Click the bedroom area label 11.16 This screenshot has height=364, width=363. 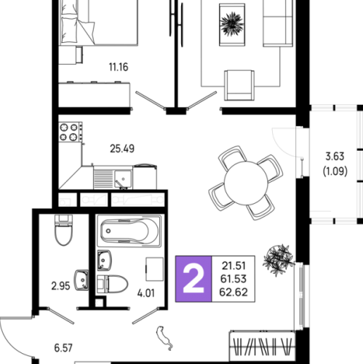point(119,67)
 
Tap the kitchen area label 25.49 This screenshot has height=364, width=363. point(122,149)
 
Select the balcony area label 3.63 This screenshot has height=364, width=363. point(335,157)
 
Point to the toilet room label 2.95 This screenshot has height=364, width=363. point(60,286)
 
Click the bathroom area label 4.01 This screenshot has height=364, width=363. point(145,293)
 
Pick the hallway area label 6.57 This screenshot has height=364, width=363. point(63,348)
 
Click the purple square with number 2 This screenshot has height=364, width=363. point(194,279)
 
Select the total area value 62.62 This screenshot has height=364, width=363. point(234,292)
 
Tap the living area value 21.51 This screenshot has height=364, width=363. point(234,266)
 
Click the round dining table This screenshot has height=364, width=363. point(246,183)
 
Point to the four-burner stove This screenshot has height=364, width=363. point(71,132)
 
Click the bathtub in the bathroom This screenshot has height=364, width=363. point(129,231)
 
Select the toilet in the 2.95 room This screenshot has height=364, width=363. point(63,230)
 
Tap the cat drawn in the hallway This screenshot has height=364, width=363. point(164,338)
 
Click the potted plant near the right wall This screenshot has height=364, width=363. point(279,260)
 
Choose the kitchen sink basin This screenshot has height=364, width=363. point(123,179)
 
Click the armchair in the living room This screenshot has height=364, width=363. point(239,85)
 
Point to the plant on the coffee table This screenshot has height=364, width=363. point(232,24)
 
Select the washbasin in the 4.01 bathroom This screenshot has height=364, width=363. point(104,261)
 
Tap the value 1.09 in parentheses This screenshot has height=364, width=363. point(335,171)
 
